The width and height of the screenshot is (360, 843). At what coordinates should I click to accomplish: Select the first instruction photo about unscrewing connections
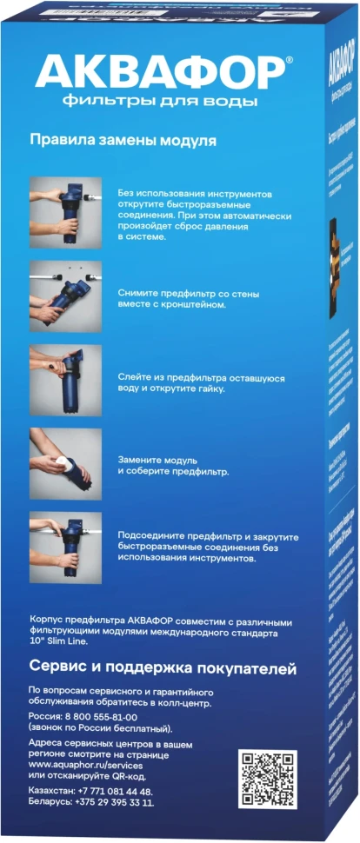(x=65, y=212)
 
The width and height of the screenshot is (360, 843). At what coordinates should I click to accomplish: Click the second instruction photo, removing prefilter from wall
(x=65, y=296)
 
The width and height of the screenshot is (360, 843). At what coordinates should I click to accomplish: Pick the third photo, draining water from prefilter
(x=65, y=380)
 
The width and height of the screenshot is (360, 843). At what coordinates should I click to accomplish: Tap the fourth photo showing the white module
(x=65, y=463)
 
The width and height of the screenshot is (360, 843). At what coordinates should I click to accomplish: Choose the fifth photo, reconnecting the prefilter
(x=65, y=547)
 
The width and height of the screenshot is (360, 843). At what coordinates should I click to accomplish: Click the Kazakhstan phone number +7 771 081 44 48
(x=112, y=792)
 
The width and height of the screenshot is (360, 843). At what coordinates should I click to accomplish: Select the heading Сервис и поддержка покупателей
(x=163, y=669)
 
